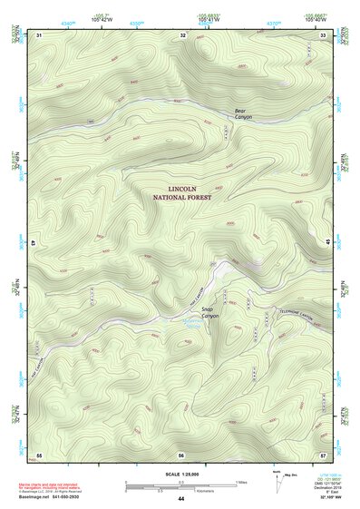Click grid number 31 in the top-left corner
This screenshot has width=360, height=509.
coord(39,34)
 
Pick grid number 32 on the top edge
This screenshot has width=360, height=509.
coord(182,34)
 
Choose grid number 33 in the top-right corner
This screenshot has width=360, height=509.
coord(324,34)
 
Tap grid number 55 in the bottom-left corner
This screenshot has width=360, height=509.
coord(39,454)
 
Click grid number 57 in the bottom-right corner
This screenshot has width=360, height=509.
coord(324,454)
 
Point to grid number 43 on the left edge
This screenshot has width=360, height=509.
coord(34,244)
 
